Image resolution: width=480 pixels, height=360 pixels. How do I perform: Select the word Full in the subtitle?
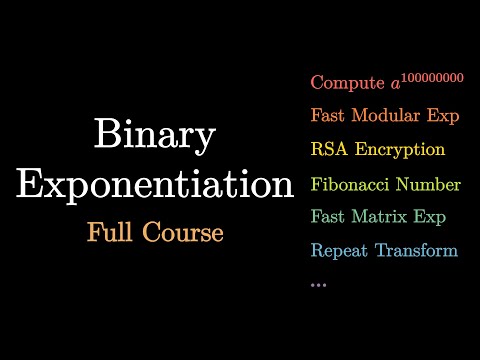(113, 233)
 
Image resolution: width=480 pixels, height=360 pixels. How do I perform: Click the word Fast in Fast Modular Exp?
(329, 116)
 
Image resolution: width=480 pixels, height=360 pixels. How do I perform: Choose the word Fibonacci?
(351, 185)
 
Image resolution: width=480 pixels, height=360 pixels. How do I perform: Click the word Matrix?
(383, 217)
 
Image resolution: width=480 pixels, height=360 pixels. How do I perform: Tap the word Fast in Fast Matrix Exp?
(329, 217)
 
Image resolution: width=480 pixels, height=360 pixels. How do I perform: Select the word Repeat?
(340, 251)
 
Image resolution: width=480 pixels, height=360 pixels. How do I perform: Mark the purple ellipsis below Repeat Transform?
(319, 285)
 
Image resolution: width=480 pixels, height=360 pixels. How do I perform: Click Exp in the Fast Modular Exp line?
(443, 117)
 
